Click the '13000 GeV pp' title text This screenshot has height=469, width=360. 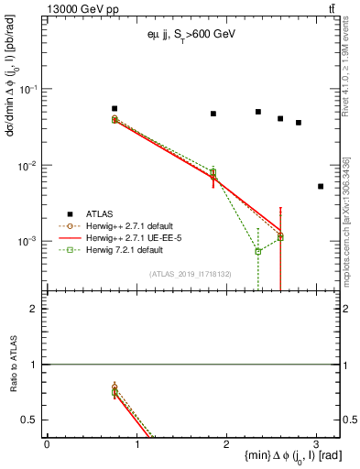click(80, 9)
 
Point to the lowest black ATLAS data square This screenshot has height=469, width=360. click(321, 186)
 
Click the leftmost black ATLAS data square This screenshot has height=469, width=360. click(115, 108)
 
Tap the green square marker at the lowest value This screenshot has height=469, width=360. click(258, 251)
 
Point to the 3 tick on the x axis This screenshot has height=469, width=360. click(316, 444)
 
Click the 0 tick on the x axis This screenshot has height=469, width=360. click(47, 444)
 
